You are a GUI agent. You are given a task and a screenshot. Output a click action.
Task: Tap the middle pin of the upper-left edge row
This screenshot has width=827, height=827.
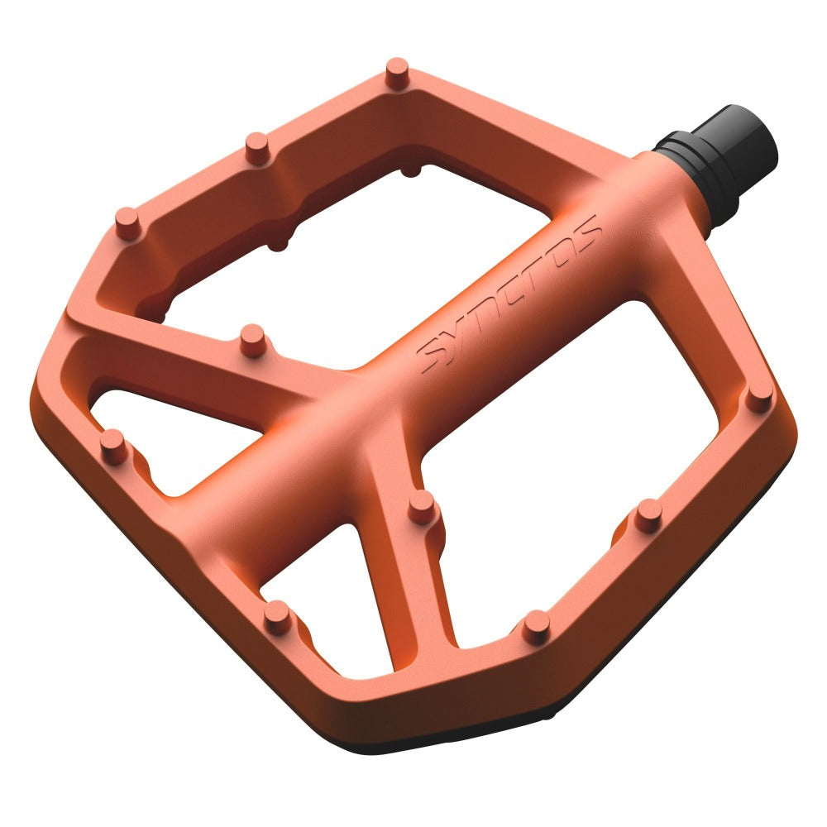257,146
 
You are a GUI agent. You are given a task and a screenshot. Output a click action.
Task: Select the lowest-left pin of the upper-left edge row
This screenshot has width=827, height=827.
127,222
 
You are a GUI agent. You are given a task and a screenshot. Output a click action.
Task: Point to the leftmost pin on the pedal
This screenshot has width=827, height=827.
113,446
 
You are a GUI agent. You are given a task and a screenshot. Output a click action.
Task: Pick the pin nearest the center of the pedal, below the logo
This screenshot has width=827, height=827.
422,506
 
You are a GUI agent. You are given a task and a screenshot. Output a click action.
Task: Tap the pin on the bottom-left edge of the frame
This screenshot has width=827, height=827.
278,616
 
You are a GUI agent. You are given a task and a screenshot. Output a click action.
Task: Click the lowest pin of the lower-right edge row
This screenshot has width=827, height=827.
536,626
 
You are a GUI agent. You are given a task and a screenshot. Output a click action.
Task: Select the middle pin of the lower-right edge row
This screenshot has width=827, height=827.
648,514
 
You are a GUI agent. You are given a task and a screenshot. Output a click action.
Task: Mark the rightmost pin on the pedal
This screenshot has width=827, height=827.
758,398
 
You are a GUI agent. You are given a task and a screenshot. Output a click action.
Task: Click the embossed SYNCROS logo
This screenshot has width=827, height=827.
509,294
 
